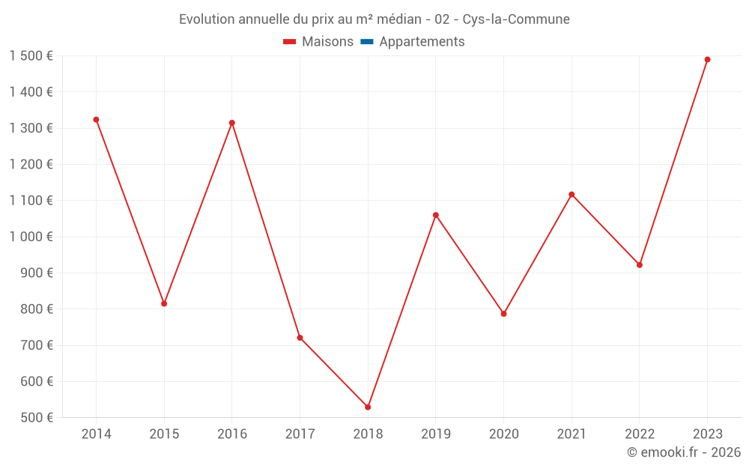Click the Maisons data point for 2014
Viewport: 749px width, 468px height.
[x=96, y=120]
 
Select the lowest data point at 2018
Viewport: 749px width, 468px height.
[x=368, y=407]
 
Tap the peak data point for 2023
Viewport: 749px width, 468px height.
[x=707, y=60]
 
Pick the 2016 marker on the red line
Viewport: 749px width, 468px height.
[x=232, y=123]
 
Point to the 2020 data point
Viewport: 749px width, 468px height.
[x=503, y=314]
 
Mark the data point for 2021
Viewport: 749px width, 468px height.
[x=571, y=195]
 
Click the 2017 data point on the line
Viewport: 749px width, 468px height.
[x=300, y=338]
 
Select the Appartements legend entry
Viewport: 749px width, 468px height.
[x=422, y=42]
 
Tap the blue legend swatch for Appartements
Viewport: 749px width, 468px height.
[x=367, y=42]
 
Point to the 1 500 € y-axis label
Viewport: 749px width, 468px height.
[x=31, y=56]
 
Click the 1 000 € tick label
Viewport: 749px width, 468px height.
[x=31, y=237]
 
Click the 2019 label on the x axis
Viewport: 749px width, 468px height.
[x=436, y=434]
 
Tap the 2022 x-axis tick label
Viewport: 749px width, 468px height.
[x=640, y=434]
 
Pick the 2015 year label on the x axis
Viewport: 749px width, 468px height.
[x=164, y=434]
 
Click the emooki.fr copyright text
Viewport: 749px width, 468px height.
[x=684, y=452]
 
